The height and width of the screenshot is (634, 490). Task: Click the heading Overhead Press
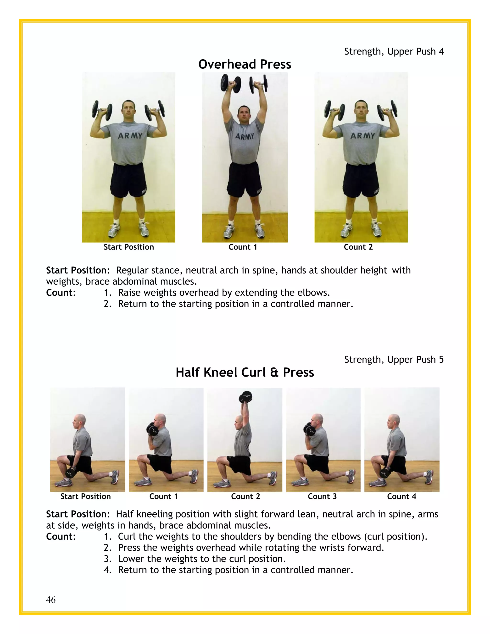(x=245, y=64)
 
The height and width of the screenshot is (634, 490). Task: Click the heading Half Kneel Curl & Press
(x=245, y=373)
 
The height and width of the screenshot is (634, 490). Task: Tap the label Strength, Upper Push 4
(x=394, y=51)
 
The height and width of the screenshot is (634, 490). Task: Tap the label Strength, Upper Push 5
(x=394, y=360)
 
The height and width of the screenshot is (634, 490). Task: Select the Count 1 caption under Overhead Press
(x=243, y=247)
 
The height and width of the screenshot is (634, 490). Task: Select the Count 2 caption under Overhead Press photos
(x=358, y=247)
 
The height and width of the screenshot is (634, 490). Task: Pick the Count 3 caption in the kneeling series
(x=322, y=496)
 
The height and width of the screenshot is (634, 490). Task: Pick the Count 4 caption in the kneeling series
(x=401, y=496)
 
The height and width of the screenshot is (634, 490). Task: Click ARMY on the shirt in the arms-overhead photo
(x=245, y=136)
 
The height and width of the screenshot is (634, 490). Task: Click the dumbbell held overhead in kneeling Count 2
(x=245, y=397)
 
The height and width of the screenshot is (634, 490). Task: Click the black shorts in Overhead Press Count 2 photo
(x=361, y=180)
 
